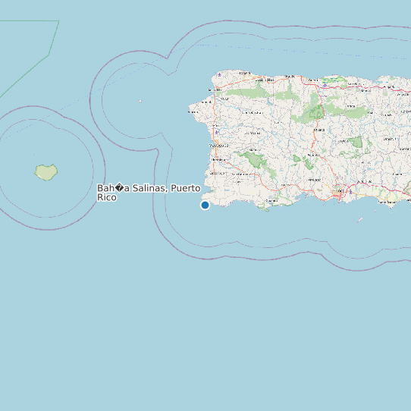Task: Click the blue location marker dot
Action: [x=205, y=205]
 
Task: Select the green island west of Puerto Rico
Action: [x=46, y=172]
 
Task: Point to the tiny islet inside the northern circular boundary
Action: [x=140, y=101]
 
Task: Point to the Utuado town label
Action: [x=318, y=130]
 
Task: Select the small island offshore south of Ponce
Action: [x=360, y=220]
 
